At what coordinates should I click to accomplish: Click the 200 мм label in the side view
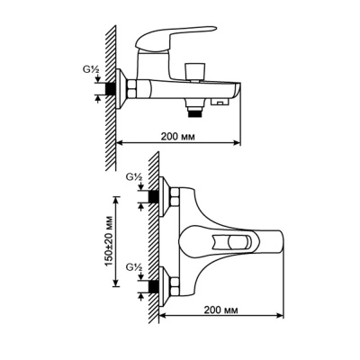[178, 137]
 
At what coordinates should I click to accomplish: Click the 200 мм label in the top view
[221, 310]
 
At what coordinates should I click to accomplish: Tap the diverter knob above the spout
[195, 71]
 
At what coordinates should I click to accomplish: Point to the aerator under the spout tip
[220, 103]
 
